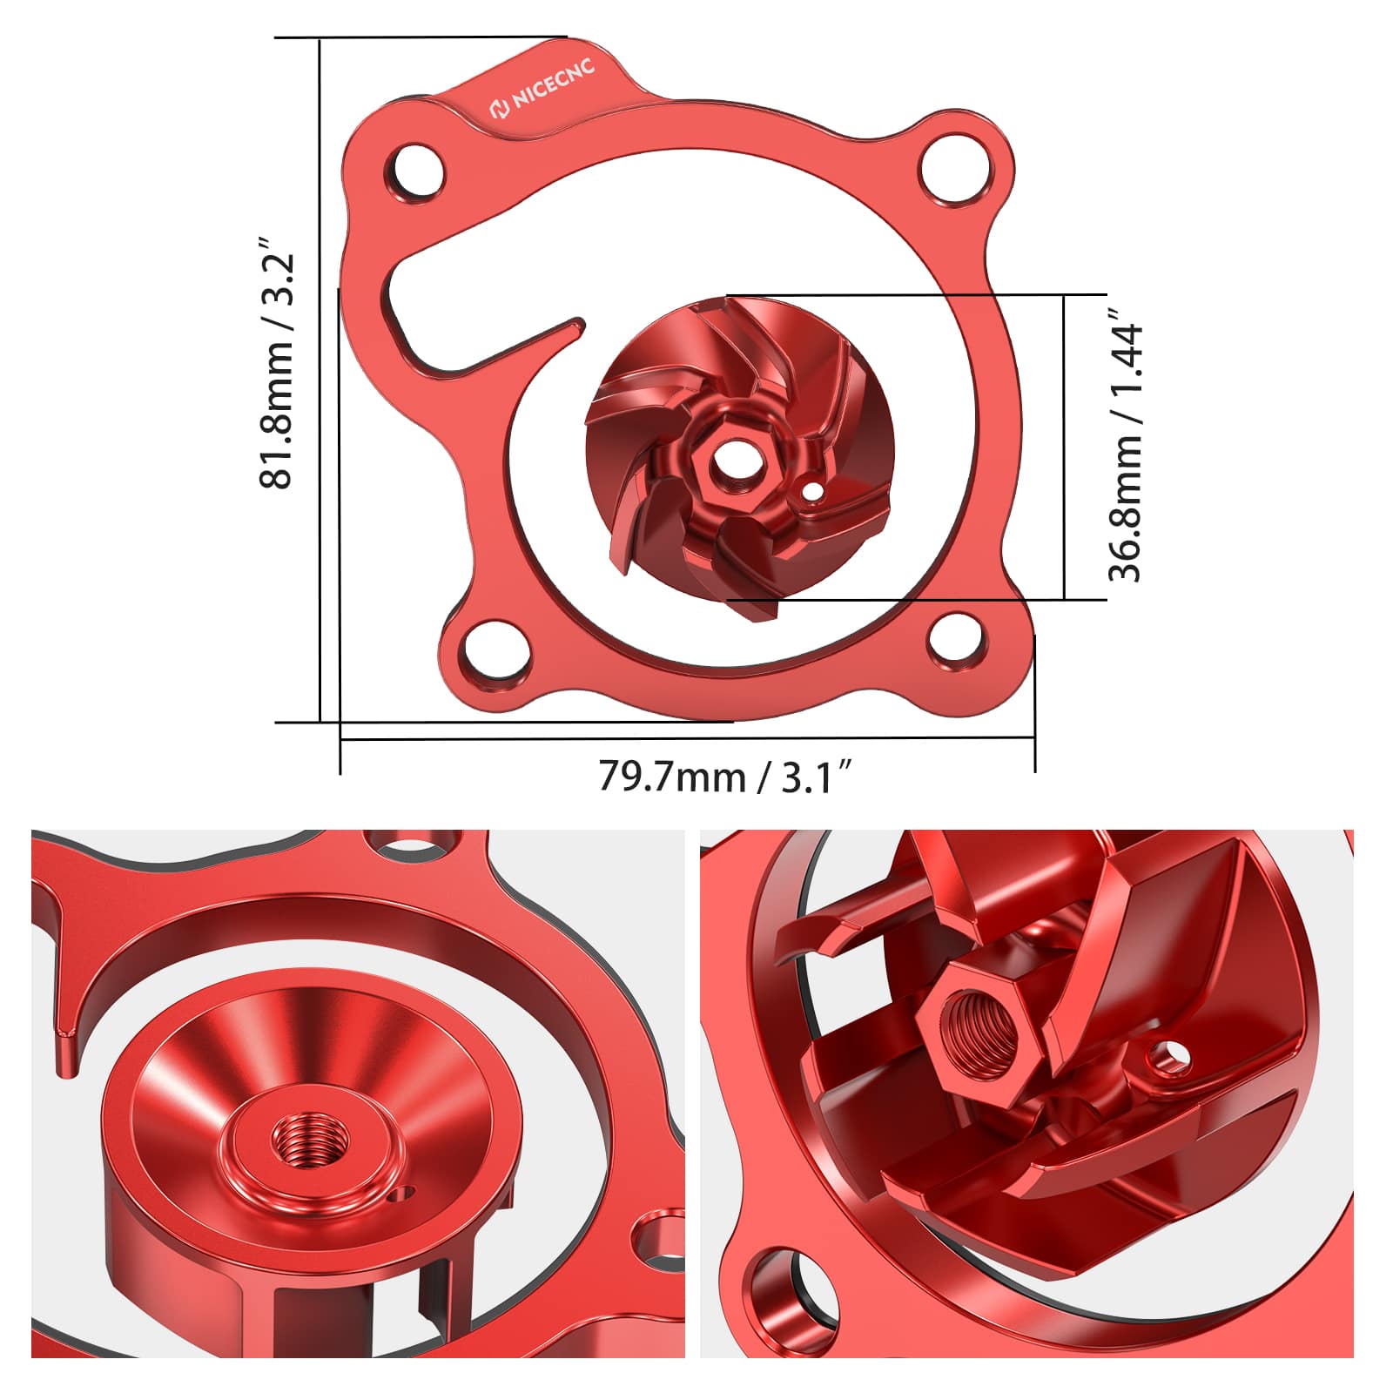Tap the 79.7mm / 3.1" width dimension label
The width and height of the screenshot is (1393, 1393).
click(x=724, y=776)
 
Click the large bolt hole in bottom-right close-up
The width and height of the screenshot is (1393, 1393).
click(x=782, y=1302)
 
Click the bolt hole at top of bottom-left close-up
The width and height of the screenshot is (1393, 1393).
click(x=409, y=843)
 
